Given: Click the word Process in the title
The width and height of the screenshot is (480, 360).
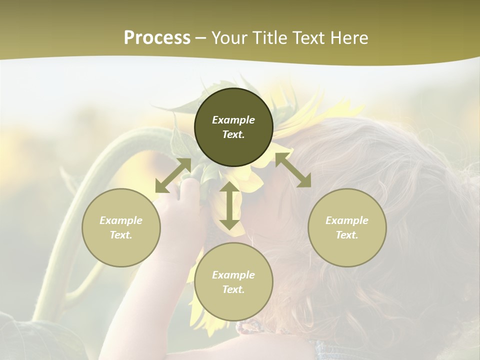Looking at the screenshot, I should [x=157, y=38].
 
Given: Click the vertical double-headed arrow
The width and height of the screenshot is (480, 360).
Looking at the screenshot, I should [x=229, y=205].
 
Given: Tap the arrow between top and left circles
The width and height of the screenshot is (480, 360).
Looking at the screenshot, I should [x=173, y=175].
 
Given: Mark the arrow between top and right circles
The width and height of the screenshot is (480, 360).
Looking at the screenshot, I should [x=293, y=170].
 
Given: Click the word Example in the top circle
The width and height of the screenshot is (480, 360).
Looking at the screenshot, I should [x=233, y=120].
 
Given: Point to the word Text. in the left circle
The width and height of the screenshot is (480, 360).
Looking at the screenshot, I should [x=121, y=235].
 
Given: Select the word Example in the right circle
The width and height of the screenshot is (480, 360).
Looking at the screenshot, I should [x=347, y=220].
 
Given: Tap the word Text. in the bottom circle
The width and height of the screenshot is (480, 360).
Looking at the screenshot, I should [x=233, y=289].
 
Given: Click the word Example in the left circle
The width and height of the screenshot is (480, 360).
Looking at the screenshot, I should [x=121, y=220].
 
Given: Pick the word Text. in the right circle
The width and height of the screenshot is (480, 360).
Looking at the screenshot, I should [x=347, y=235].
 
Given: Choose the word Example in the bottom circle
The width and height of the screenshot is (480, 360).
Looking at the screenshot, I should [x=233, y=275].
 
